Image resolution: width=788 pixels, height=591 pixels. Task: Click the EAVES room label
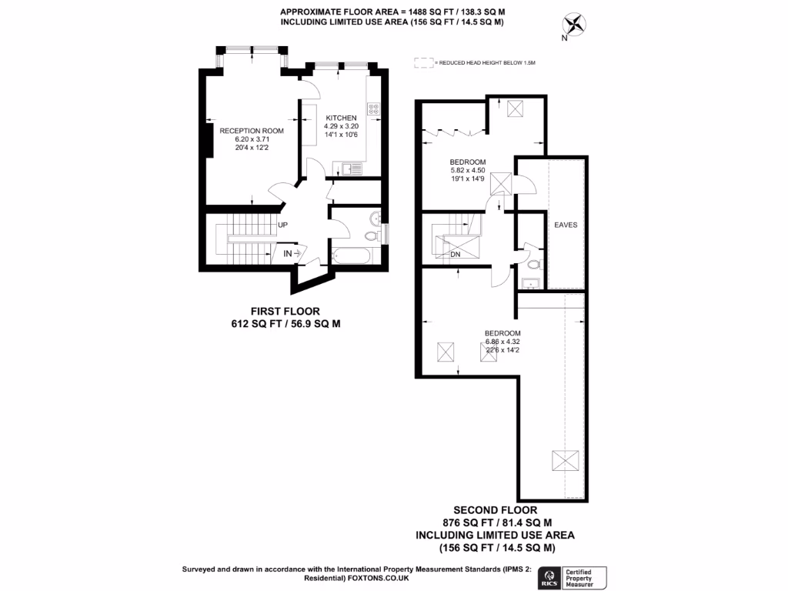566,225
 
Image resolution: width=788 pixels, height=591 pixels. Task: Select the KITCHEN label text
341,117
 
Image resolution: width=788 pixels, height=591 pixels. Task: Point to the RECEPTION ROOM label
252,131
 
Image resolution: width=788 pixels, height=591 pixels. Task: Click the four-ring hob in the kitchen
374,110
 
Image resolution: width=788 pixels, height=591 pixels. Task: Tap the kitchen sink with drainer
350,167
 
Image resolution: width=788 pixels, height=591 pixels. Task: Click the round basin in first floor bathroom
370,235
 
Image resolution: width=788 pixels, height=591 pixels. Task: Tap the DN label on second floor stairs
455,253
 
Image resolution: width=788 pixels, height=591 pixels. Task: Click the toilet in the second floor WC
533,264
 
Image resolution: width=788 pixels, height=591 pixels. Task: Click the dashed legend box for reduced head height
422,62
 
